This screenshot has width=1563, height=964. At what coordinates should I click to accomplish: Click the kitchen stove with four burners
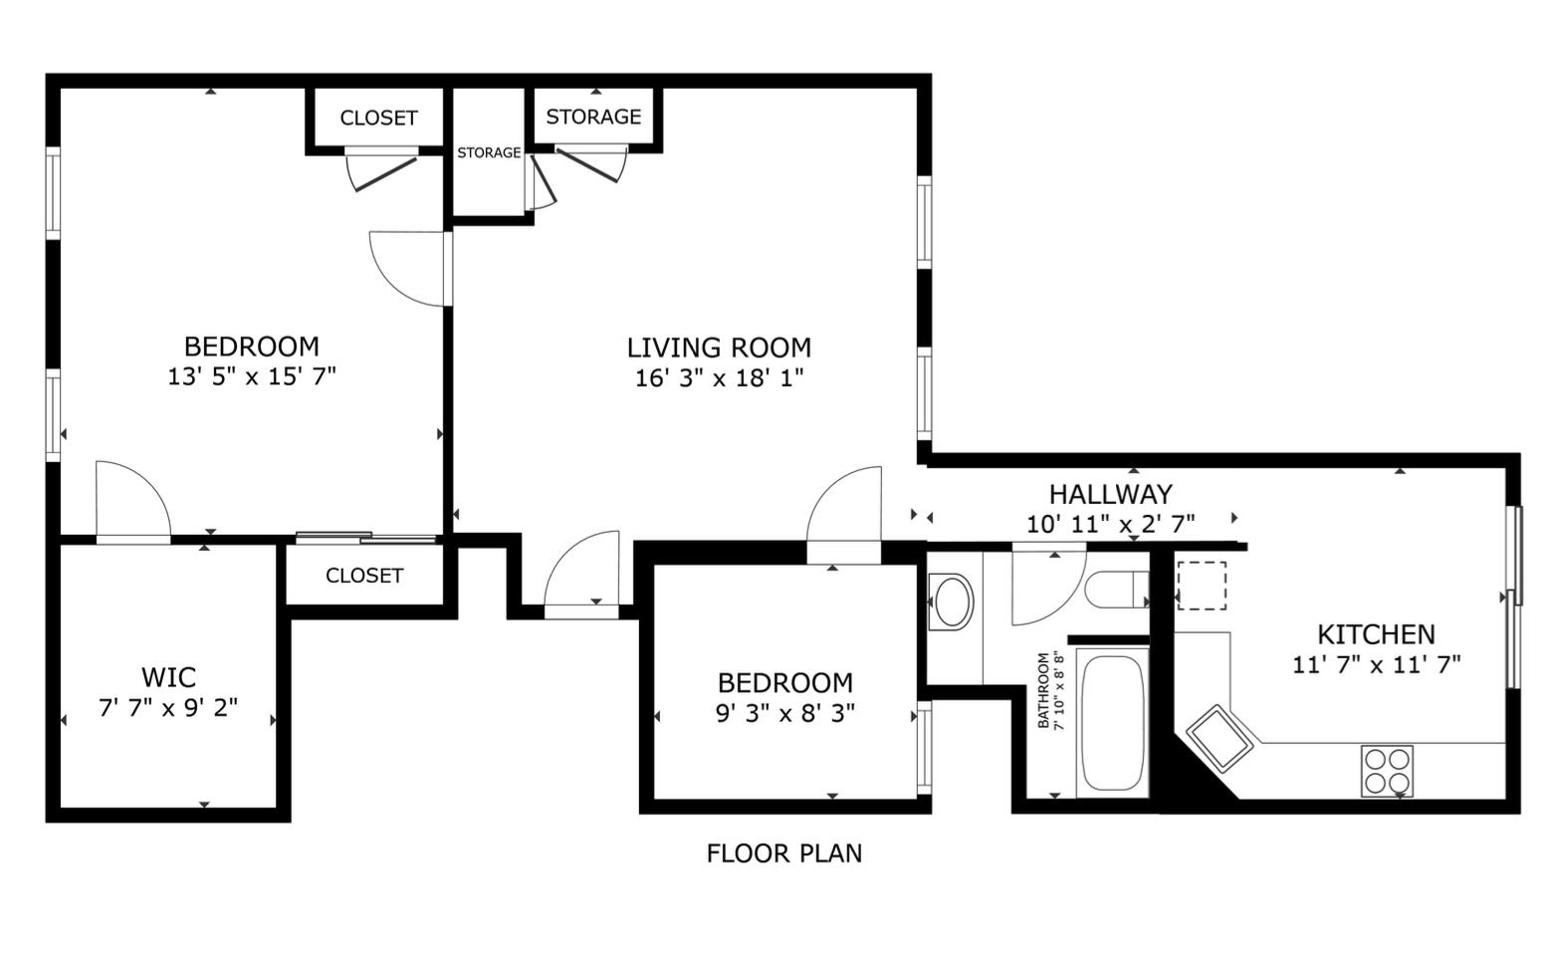coord(1387,771)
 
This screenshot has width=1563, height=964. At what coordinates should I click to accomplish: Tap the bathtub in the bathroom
coord(1111,722)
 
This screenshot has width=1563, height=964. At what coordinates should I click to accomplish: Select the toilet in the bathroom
coord(1115,590)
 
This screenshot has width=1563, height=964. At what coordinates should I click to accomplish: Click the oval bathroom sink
coord(952,602)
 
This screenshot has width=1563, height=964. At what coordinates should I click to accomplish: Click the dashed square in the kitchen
coord(1201,586)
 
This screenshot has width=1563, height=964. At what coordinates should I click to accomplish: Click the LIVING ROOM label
coord(719,348)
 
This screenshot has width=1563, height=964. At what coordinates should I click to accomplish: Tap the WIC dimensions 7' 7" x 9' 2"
coord(168,709)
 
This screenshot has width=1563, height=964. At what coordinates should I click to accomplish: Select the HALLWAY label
coord(1110,494)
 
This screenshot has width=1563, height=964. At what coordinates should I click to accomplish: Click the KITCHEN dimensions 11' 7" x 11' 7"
coord(1376,664)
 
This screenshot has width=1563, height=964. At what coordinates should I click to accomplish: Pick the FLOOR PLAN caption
coord(783,853)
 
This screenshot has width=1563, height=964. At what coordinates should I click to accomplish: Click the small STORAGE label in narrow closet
coord(489,152)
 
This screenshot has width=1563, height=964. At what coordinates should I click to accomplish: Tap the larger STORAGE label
coord(593,117)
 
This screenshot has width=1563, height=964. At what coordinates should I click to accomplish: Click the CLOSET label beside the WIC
coord(364,576)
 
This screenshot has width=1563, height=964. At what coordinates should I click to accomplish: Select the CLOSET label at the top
coord(378,118)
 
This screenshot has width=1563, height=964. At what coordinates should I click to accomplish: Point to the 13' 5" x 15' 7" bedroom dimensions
coord(252,376)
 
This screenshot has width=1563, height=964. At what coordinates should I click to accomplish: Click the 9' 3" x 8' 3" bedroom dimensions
coord(785,713)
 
